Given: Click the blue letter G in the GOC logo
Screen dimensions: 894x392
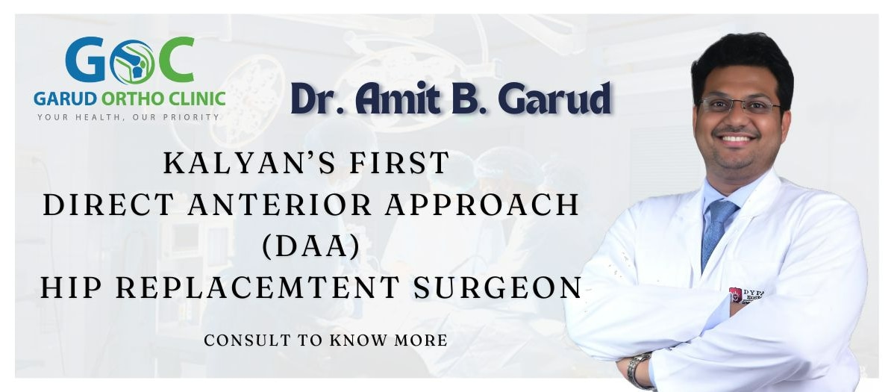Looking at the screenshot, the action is click(x=85, y=60).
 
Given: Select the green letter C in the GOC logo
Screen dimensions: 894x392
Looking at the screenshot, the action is click(x=177, y=60).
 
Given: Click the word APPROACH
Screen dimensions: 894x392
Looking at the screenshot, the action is click(x=482, y=205).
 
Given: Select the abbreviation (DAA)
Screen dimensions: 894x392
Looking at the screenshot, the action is click(x=311, y=246).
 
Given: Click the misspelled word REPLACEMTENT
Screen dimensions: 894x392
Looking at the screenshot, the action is click(x=257, y=287).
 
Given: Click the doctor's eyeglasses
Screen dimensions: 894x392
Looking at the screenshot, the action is click(x=740, y=105).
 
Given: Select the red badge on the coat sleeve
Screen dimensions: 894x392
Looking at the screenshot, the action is click(x=736, y=294).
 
